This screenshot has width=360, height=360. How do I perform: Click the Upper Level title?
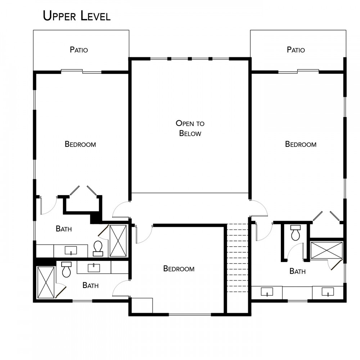click(x=77, y=16)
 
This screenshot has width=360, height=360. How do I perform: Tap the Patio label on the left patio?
click(x=79, y=50)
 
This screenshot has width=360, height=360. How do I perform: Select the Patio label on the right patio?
click(x=296, y=50)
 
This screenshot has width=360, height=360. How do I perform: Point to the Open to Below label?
click(x=190, y=128)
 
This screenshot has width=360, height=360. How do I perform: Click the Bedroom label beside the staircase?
click(x=179, y=269)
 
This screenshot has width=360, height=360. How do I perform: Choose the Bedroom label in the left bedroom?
click(x=80, y=144)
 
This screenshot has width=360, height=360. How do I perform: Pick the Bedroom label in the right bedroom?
click(x=301, y=144)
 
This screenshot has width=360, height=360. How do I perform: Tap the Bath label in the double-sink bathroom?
click(x=298, y=271)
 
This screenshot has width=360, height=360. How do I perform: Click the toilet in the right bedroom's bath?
click(x=295, y=233)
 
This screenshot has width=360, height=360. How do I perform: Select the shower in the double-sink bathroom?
click(x=326, y=250)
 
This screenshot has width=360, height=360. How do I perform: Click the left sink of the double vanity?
click(x=267, y=292)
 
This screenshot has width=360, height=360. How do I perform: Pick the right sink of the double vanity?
click(x=328, y=292)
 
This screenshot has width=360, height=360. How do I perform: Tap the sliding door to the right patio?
click(x=298, y=71)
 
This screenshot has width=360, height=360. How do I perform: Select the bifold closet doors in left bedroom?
click(x=83, y=190)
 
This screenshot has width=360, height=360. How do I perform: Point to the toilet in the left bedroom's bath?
click(x=98, y=248)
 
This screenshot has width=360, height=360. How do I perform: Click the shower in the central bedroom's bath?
click(x=46, y=282)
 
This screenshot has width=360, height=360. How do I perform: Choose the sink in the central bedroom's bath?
click(x=94, y=268)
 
